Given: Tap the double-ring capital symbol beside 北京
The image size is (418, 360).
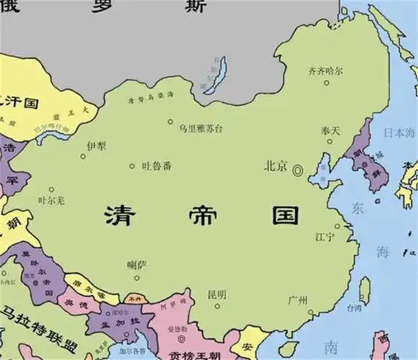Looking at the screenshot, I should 297,168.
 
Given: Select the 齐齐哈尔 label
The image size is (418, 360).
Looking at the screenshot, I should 325,71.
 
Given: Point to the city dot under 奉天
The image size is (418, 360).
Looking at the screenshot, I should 330,143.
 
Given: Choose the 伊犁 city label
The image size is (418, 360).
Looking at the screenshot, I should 96,145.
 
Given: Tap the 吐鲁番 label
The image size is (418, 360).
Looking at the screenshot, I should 156,166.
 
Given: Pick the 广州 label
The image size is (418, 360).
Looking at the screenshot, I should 297,300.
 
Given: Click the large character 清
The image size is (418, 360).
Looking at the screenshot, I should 121,214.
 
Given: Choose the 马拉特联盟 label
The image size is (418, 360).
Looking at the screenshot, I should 40,316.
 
